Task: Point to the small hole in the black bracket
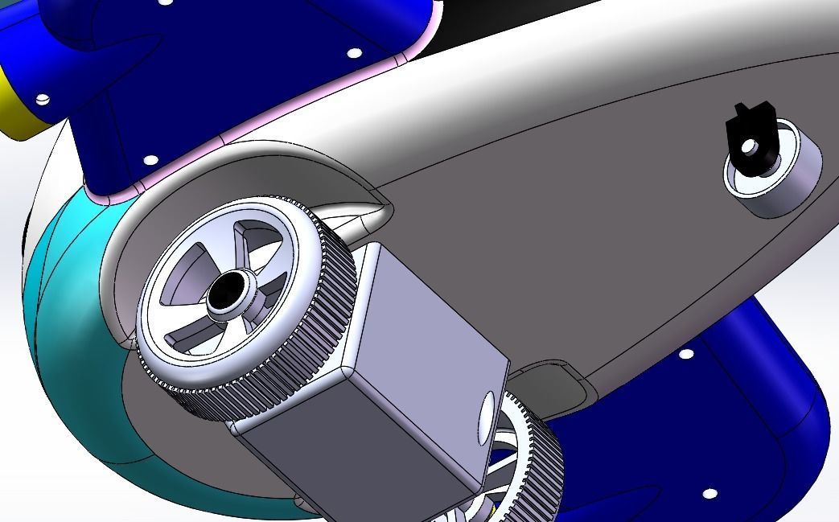click(750, 147)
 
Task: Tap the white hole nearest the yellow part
click(43, 99)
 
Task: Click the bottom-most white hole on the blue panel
click(709, 493)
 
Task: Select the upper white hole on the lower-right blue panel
click(686, 354)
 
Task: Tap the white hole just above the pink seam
click(150, 160)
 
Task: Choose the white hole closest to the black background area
click(354, 54)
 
